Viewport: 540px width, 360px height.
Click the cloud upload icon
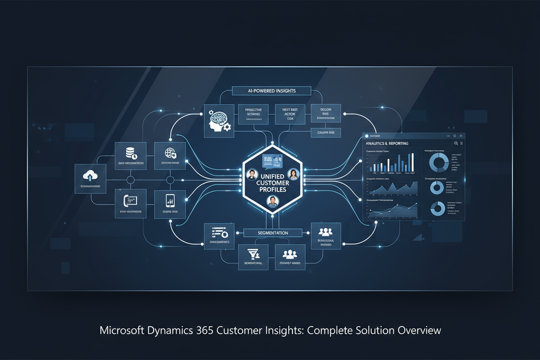point(90,175)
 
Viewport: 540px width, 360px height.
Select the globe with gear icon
point(170,153)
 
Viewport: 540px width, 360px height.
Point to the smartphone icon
point(170,200)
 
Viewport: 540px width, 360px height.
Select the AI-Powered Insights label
point(271,91)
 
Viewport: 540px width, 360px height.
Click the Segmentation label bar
point(272,233)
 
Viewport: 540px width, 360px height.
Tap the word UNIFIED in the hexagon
point(272,177)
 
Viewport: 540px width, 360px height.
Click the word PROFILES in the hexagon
point(272,190)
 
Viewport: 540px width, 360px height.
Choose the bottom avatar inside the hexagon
point(272,201)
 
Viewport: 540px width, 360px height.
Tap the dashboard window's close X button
point(461,136)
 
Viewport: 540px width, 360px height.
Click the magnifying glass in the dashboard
point(456,143)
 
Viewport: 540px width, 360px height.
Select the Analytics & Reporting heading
point(387,143)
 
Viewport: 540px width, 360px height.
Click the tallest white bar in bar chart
point(412,162)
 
